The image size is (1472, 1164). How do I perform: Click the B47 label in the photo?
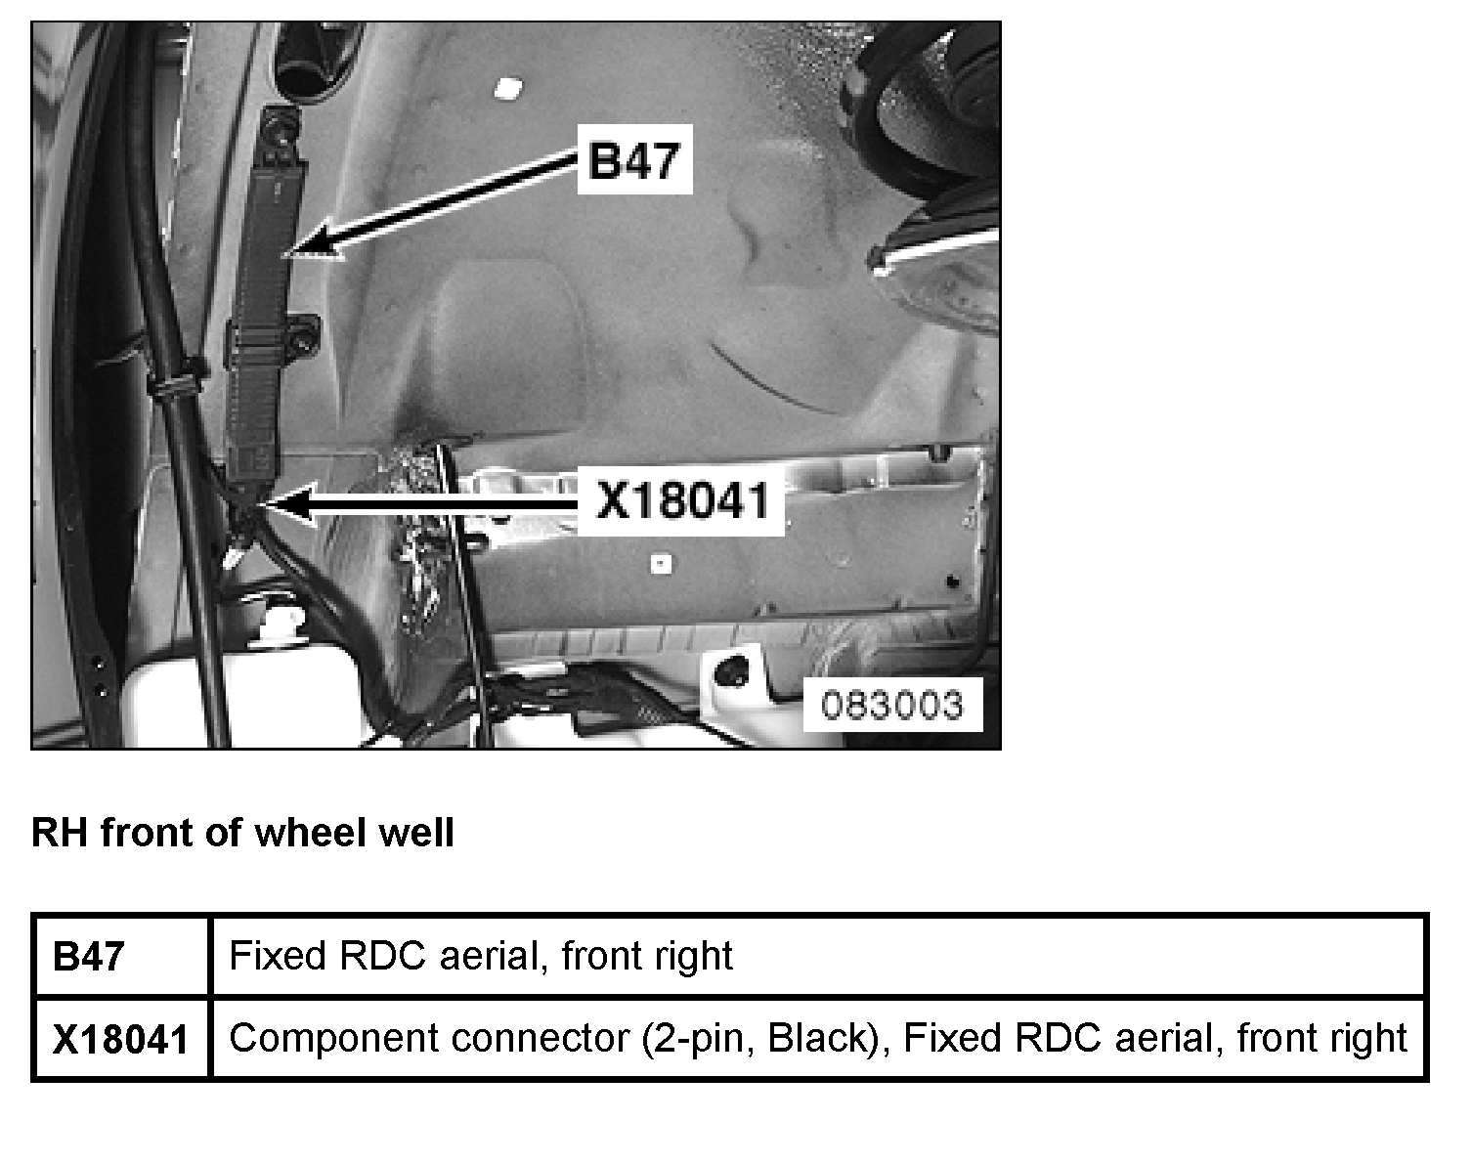click(x=634, y=159)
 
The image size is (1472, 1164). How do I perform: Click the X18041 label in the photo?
click(x=682, y=502)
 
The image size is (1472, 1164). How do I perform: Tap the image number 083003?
click(x=890, y=704)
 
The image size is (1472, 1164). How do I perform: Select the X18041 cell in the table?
click(x=119, y=1039)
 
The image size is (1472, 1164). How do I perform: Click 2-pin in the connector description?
click(x=701, y=1037)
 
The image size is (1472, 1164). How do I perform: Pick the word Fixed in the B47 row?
click(x=277, y=955)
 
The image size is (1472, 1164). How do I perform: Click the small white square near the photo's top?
click(x=505, y=89)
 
